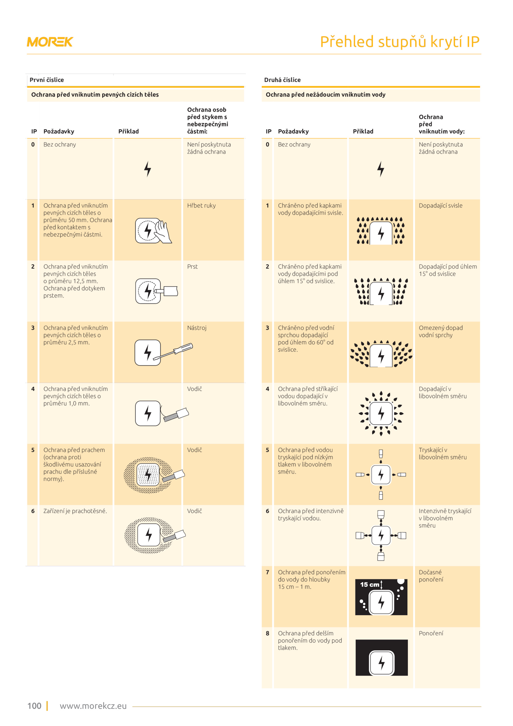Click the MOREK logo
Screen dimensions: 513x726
[x=50, y=42]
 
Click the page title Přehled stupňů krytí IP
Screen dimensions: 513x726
[x=399, y=42]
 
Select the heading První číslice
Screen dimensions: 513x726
[x=46, y=80]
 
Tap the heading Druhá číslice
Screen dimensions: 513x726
[x=282, y=80]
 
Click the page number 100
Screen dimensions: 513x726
[x=34, y=706]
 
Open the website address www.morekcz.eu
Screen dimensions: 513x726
[x=93, y=706]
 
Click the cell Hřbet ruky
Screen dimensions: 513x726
[x=201, y=206]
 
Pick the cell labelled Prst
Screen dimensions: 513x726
[x=192, y=267]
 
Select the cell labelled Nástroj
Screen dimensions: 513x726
[x=197, y=328]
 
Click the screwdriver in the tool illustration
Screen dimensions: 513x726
[x=173, y=352]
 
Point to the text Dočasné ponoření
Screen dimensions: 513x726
[x=431, y=576]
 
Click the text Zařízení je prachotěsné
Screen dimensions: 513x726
[x=75, y=511]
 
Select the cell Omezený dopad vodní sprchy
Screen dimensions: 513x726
[x=441, y=331]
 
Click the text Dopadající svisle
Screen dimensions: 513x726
[x=441, y=206]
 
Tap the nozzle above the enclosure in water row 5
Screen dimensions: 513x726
[x=381, y=454]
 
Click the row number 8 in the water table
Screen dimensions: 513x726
[x=267, y=633]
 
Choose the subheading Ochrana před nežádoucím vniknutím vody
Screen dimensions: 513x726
[x=325, y=95]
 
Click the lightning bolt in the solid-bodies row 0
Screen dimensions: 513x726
[x=147, y=169]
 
